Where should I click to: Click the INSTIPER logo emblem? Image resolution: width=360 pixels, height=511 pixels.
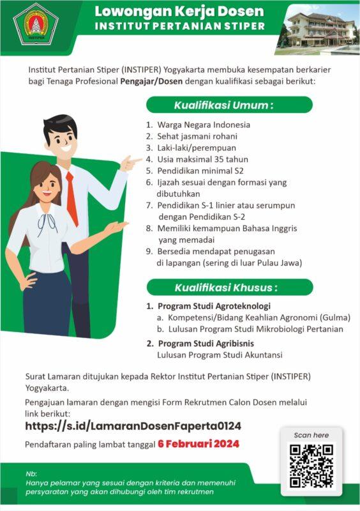click(38, 24)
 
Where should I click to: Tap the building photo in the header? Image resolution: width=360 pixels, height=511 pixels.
click(322, 29)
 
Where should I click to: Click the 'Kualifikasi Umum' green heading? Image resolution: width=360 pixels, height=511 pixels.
click(229, 105)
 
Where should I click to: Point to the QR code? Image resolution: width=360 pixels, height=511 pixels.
click(311, 466)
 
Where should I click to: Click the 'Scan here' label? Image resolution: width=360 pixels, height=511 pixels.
click(311, 435)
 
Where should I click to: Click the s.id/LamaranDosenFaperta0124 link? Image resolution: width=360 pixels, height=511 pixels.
click(133, 425)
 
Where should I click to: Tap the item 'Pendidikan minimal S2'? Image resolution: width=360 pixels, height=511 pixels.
click(200, 171)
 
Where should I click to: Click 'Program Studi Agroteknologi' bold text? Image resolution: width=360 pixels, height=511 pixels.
click(214, 306)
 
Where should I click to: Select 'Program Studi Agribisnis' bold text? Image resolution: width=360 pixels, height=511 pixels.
click(207, 344)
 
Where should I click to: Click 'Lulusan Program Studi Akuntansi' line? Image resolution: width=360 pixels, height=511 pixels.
click(220, 355)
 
